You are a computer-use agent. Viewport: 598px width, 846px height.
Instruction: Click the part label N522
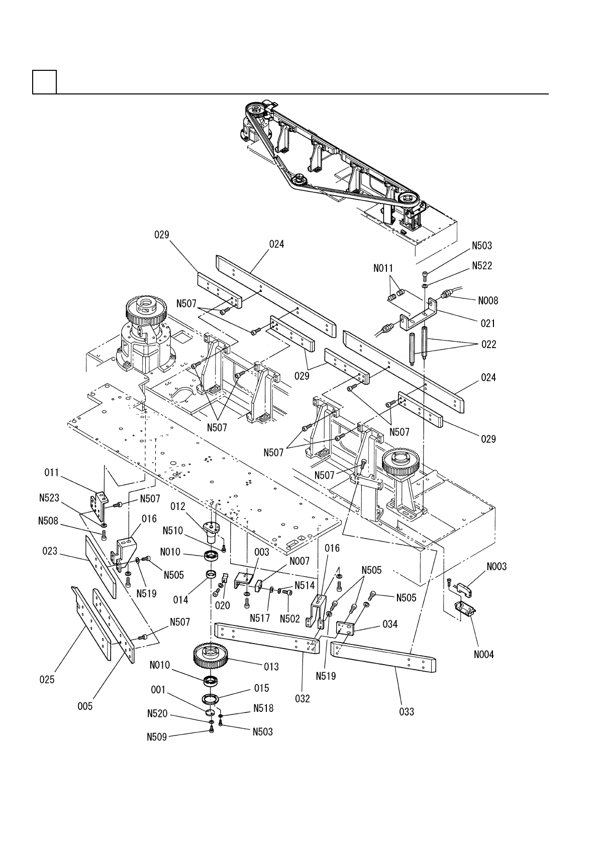point(482,266)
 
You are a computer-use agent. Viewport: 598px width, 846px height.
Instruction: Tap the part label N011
point(383,268)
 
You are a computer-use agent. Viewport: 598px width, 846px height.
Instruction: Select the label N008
point(488,300)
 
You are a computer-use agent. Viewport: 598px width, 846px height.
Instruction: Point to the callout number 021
point(487,324)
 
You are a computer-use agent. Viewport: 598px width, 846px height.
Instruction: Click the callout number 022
point(489,345)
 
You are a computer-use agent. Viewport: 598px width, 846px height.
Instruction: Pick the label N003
point(496,567)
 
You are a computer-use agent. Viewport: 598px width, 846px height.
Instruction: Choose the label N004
point(484,655)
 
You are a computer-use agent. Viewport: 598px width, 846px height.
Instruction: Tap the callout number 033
point(407,712)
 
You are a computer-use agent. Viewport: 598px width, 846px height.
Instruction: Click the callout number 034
point(390,624)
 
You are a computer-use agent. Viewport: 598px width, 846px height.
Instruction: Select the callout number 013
point(271,667)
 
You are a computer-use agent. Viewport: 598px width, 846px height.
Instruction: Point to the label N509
point(157,737)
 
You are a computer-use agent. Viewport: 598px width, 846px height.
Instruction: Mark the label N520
point(157,713)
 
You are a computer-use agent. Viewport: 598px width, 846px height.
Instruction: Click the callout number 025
point(47,680)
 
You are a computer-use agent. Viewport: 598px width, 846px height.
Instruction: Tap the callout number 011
point(52,473)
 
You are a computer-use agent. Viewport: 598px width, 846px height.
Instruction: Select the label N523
point(49,498)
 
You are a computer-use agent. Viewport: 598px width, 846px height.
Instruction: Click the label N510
point(173,531)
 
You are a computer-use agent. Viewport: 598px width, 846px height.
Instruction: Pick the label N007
point(300,561)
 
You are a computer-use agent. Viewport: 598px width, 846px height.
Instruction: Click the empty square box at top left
point(45,81)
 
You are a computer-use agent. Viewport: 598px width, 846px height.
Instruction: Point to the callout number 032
point(302,699)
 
